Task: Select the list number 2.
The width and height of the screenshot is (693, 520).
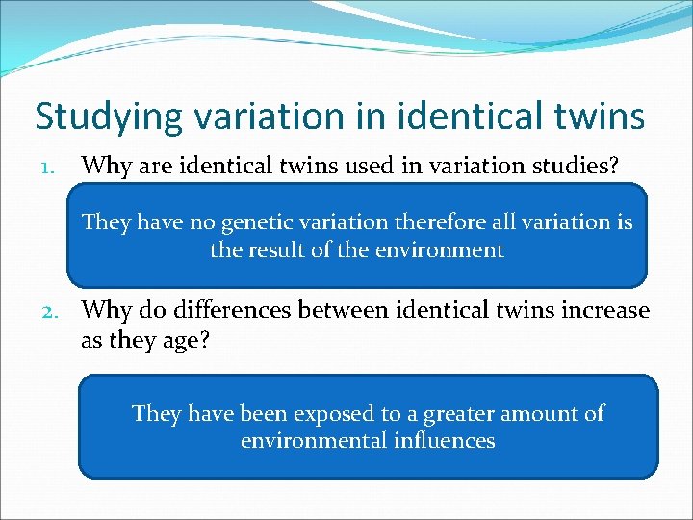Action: click(48, 312)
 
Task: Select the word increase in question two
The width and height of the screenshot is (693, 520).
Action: click(605, 311)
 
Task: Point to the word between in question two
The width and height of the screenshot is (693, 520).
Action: click(350, 311)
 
